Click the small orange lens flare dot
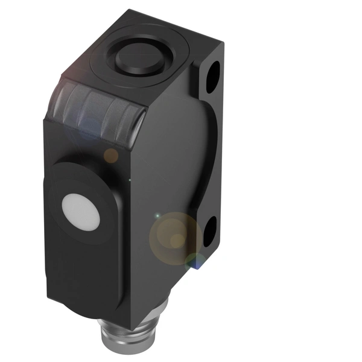(x=111, y=156)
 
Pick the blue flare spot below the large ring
(x=194, y=261)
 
